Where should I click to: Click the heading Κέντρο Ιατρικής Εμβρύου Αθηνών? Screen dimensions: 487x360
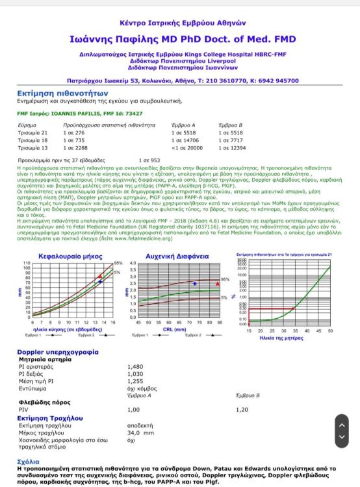click(180, 22)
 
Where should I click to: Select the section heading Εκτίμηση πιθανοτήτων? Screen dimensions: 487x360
click(53, 93)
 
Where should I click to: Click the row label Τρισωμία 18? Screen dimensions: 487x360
click(33, 140)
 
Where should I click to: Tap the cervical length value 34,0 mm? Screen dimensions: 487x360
click(140, 432)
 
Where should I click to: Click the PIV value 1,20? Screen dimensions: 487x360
click(242, 410)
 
